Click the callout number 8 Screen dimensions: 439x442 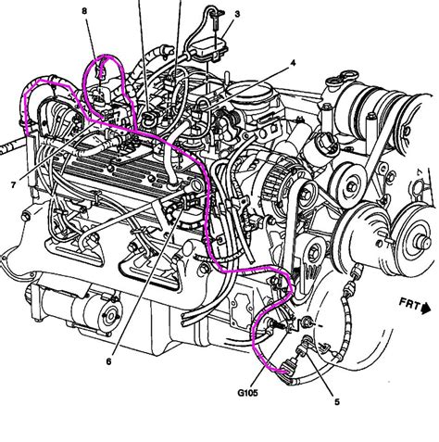[84, 11]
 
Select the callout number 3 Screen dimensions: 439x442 [237, 14]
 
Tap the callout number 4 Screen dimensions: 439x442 [293, 63]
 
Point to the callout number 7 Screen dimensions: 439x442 [13, 185]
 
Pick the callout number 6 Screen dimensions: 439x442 [108, 361]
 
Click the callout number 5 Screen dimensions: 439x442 [337, 402]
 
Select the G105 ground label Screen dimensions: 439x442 [247, 393]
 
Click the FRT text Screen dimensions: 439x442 [409, 304]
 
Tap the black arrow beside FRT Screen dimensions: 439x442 [426, 309]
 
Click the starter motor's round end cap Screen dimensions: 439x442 [109, 315]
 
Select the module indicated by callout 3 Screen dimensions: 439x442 [210, 47]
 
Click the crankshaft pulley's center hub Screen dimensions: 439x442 [422, 241]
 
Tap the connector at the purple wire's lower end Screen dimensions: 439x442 [286, 372]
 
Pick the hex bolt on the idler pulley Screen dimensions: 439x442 [352, 186]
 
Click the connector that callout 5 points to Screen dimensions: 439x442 [301, 350]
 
